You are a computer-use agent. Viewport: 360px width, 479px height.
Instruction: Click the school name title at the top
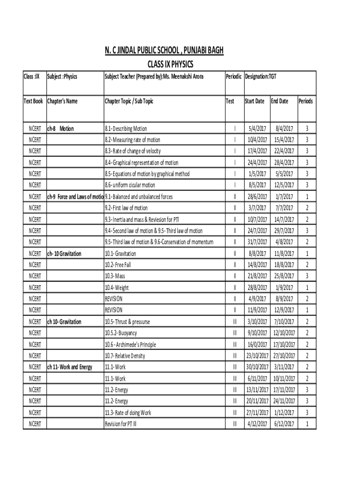pyautogui.click(x=164, y=51)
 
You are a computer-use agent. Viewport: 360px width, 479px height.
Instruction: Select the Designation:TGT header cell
pyautogui.click(x=260, y=76)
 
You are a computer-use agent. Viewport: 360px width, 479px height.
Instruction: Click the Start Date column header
pyautogui.click(x=254, y=101)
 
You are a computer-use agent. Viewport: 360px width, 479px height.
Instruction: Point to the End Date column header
pyautogui.click(x=280, y=101)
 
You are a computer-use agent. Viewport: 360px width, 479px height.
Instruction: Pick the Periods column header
pyautogui.click(x=306, y=101)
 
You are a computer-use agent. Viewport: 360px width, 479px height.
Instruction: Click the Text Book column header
pyautogui.click(x=34, y=101)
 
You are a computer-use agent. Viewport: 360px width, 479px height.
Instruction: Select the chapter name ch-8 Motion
pyautogui.click(x=60, y=129)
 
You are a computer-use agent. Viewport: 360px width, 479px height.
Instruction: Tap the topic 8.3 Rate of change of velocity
pyautogui.click(x=133, y=151)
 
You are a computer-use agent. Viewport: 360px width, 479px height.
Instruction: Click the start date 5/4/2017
pyautogui.click(x=258, y=129)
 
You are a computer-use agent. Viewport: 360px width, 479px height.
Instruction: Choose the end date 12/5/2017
pyautogui.click(x=284, y=185)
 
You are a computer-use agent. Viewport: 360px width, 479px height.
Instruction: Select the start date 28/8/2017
pyautogui.click(x=258, y=288)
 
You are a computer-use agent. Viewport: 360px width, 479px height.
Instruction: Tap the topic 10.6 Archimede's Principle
pyautogui.click(x=130, y=345)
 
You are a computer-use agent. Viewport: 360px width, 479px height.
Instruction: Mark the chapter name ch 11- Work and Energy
pyautogui.click(x=70, y=367)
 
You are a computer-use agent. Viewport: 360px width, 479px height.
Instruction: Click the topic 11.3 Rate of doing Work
pyautogui.click(x=128, y=413)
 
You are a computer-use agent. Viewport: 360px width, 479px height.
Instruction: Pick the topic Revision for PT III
pyautogui.click(x=124, y=424)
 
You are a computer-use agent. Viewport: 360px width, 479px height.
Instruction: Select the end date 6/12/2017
pyautogui.click(x=284, y=424)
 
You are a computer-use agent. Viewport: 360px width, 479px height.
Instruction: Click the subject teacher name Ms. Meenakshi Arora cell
pyautogui.click(x=154, y=76)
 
